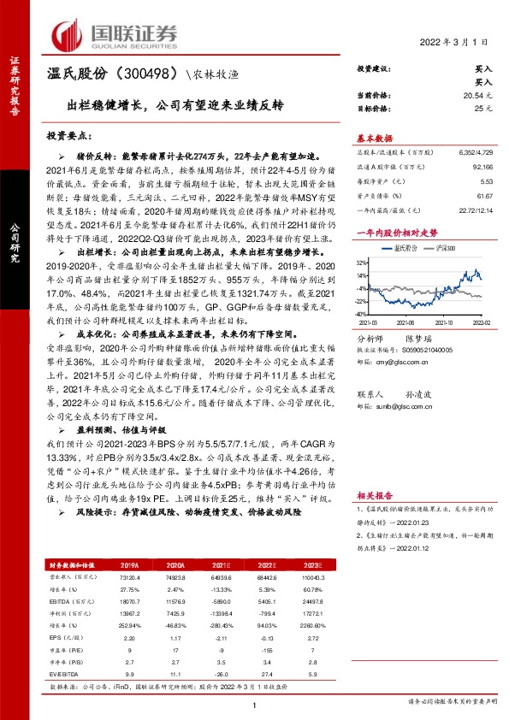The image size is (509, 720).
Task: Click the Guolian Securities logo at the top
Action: (115, 34)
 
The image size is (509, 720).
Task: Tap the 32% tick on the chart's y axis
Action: (364, 263)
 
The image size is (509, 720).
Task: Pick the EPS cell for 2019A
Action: (130, 614)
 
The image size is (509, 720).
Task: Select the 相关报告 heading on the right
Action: (375, 493)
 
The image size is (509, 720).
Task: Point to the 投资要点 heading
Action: (69, 136)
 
